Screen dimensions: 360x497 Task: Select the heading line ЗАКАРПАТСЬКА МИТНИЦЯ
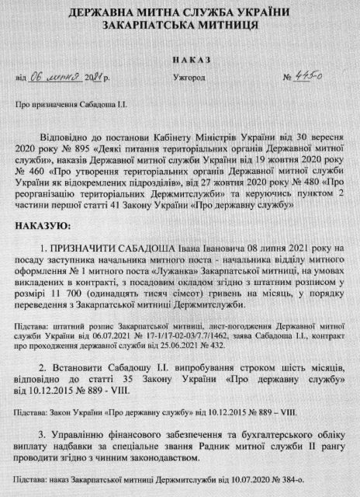pos(179,26)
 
